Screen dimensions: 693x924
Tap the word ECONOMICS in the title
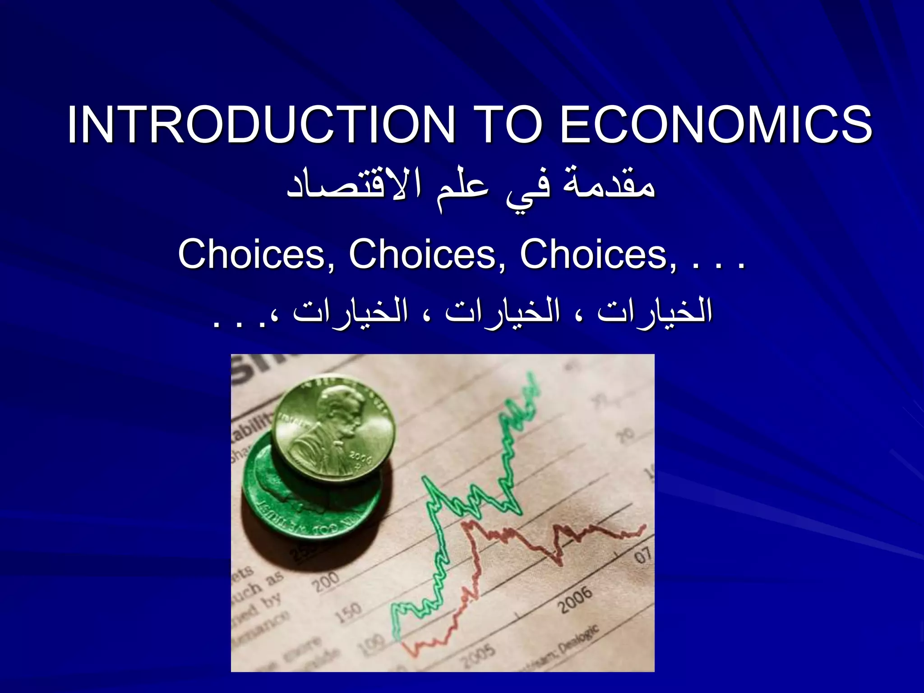716,125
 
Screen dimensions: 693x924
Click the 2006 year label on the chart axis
576,600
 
